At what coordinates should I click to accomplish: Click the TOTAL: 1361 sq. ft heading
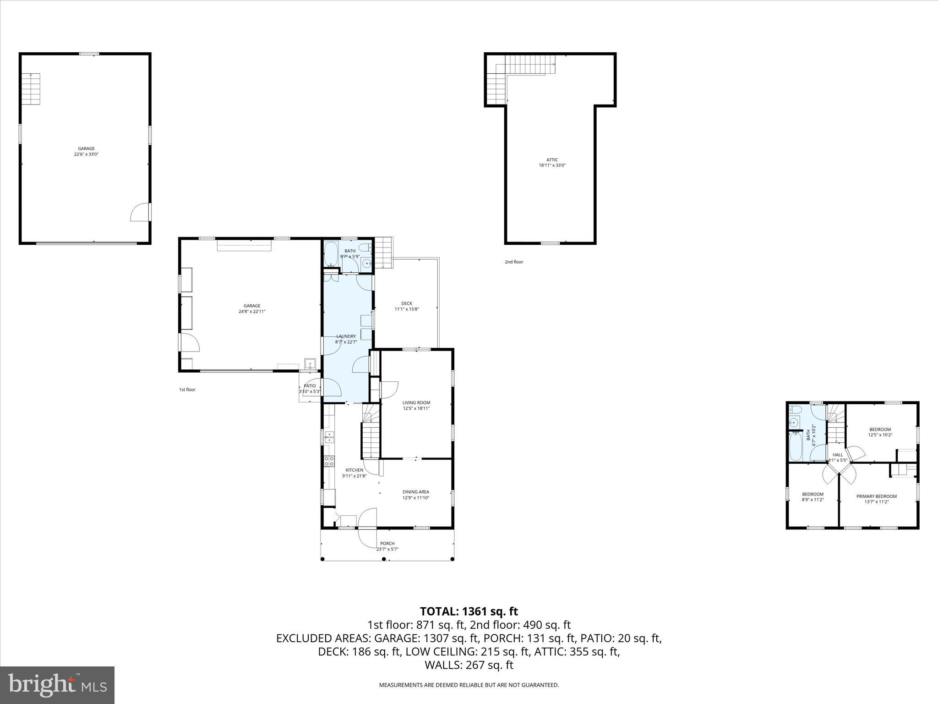pos(469,611)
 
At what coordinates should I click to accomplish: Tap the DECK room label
pos(406,303)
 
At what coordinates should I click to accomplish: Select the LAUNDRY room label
pos(346,336)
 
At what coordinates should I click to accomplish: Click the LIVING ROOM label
pos(416,403)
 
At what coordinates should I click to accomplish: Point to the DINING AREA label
pos(415,492)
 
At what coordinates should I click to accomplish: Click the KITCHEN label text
pos(354,470)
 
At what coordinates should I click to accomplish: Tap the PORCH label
pos(387,544)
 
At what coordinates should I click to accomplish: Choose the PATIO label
pos(310,386)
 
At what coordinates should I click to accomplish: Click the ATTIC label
pos(552,160)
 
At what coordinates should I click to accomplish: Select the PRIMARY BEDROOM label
pos(876,496)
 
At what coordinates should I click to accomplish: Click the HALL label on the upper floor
pos(837,455)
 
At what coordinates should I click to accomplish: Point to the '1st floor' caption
pos(187,390)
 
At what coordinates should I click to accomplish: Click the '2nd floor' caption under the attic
pos(513,262)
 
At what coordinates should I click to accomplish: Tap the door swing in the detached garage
pos(140,213)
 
